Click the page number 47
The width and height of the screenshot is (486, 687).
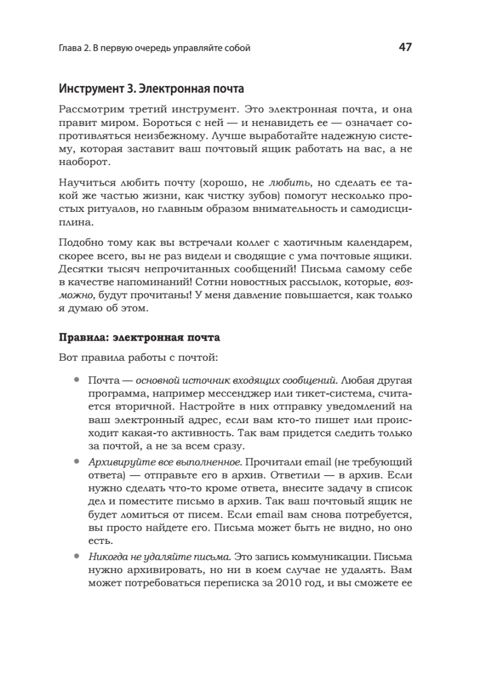[405, 48]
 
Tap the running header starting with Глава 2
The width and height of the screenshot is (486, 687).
[155, 49]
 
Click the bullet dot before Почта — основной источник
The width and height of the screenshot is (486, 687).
[76, 380]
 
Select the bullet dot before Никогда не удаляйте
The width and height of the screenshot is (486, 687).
[76, 556]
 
